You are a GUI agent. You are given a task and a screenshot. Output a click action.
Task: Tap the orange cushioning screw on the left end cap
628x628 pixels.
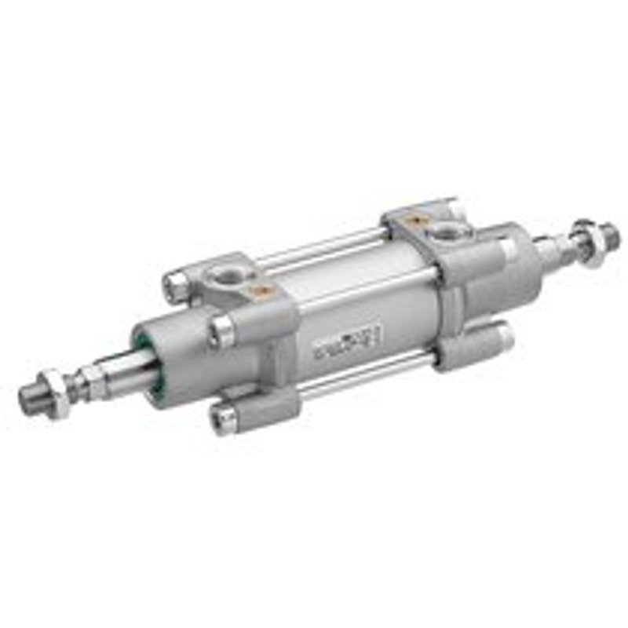255,291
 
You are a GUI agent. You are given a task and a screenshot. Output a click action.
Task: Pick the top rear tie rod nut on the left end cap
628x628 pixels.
177,284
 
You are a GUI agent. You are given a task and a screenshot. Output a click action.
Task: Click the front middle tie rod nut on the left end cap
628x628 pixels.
222,330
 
